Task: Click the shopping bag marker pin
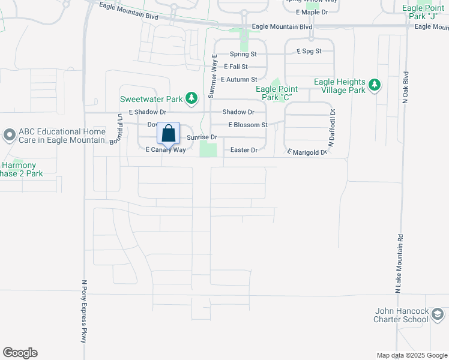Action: pos(169,134)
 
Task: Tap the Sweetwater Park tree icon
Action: pos(191,97)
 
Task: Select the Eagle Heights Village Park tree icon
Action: pos(375,85)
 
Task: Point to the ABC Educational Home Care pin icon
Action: pos(9,135)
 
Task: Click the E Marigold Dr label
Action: pos(306,152)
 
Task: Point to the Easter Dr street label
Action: pos(244,150)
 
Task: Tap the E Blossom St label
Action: pos(247,125)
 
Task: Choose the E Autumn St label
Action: pos(239,79)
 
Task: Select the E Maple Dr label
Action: pos(313,12)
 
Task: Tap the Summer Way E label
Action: pos(212,75)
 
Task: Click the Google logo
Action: pos(20,353)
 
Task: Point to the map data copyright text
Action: pos(411,355)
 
